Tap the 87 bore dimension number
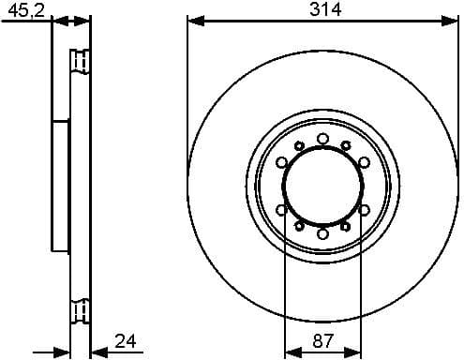click(x=322, y=342)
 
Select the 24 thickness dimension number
click(x=125, y=340)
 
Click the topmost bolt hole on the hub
click(x=322, y=139)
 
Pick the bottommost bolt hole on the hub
click(x=322, y=232)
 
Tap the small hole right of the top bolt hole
click(x=346, y=145)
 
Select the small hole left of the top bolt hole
click(x=299, y=145)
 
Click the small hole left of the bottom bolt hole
click(x=299, y=226)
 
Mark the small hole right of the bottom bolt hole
click(x=346, y=226)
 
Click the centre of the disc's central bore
click(x=322, y=186)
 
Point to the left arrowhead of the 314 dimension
click(x=192, y=20)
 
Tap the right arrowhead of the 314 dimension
click(x=453, y=20)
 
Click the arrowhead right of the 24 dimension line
click(x=97, y=352)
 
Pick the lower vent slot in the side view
click(x=81, y=307)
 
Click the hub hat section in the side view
click(x=61, y=186)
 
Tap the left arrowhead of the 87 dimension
click(x=289, y=352)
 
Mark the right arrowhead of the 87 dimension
click(x=356, y=352)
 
